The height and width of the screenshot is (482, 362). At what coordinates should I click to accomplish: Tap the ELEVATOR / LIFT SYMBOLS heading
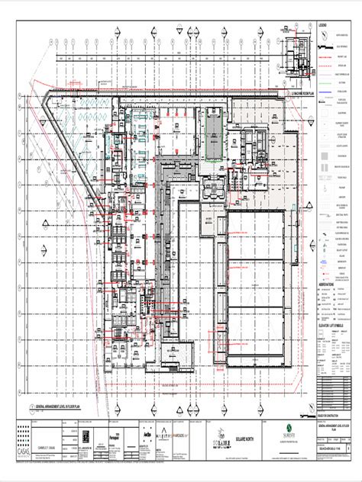333,304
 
